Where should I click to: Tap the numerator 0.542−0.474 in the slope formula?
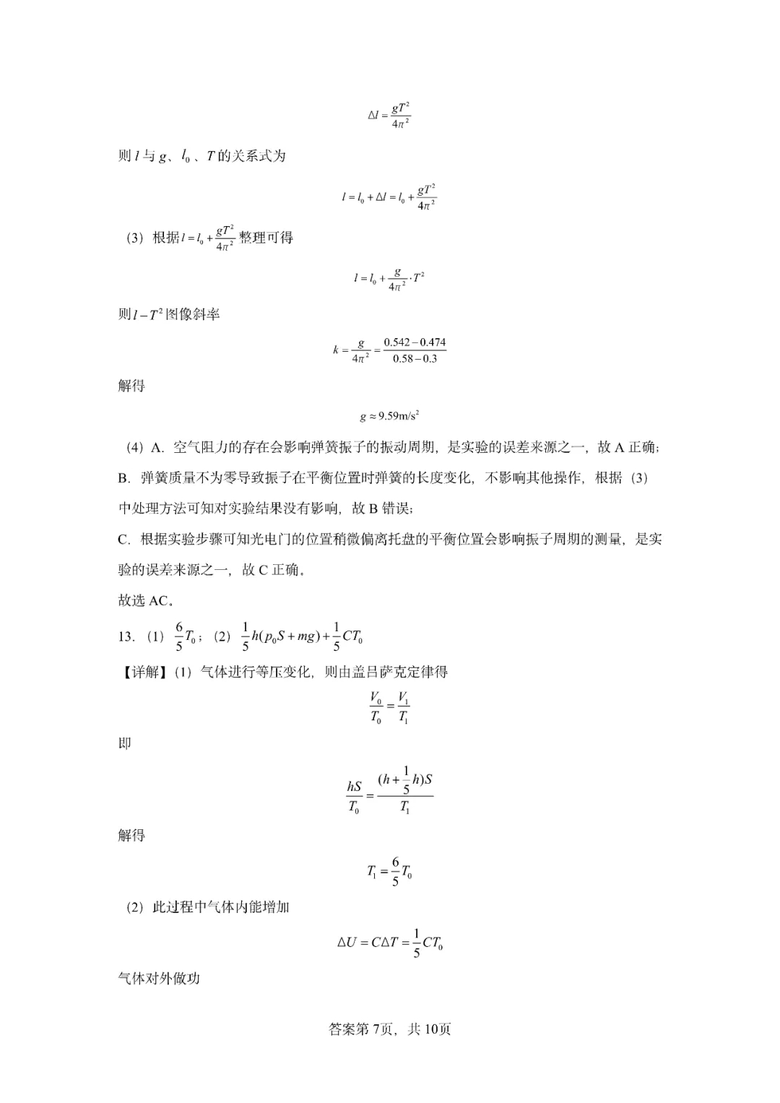(x=415, y=342)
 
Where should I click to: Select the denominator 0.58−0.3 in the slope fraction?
(x=415, y=359)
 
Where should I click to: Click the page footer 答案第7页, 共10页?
(x=390, y=1029)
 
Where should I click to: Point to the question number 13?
(x=126, y=636)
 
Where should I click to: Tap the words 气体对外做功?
(x=159, y=979)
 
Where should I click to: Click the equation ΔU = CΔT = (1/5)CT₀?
(x=390, y=943)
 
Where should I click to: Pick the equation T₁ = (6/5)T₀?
(x=389, y=872)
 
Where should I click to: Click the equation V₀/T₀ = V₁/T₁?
(x=390, y=708)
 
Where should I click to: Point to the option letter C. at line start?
(x=123, y=539)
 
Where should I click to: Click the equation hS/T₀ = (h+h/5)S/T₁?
(x=390, y=793)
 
